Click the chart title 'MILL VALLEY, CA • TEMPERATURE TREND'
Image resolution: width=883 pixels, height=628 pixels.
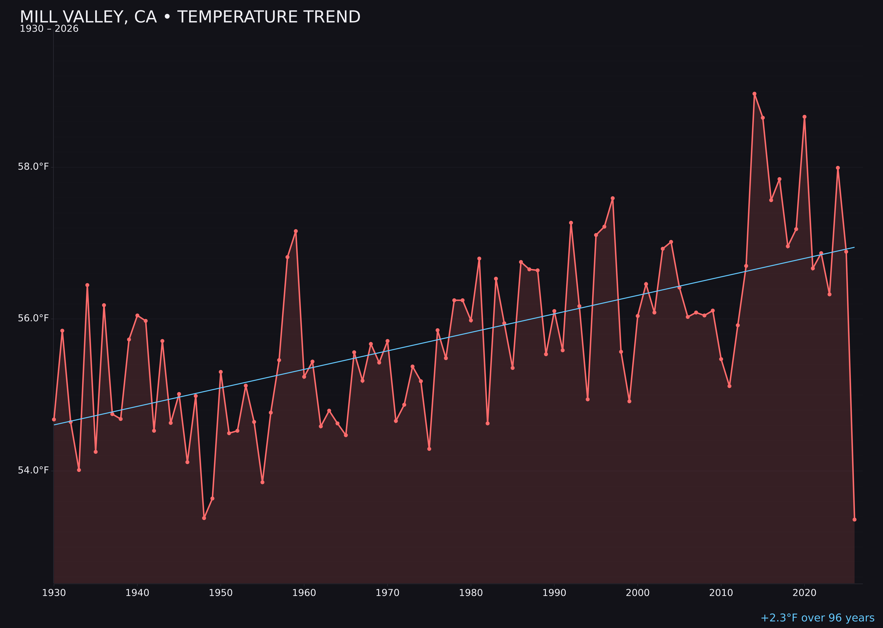pyautogui.click(x=190, y=17)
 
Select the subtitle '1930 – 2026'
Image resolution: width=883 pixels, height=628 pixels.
pyautogui.click(x=49, y=29)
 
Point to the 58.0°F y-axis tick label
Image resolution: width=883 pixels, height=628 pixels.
pyautogui.click(x=33, y=167)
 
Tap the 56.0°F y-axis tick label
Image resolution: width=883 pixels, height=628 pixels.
pyautogui.click(x=33, y=318)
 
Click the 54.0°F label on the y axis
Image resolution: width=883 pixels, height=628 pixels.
pyautogui.click(x=33, y=470)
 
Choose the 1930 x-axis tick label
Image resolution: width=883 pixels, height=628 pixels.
pyautogui.click(x=54, y=593)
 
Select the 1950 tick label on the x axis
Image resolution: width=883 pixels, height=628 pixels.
pyautogui.click(x=221, y=593)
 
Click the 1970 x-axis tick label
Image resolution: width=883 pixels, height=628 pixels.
pyautogui.click(x=387, y=593)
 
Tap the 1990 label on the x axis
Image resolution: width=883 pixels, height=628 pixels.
pyautogui.click(x=554, y=593)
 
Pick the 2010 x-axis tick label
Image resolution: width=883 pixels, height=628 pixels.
pyautogui.click(x=721, y=593)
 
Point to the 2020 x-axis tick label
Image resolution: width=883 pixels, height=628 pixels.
pyautogui.click(x=804, y=593)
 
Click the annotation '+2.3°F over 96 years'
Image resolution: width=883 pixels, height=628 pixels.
pyautogui.click(x=817, y=618)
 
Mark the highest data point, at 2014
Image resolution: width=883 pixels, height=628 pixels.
pyautogui.click(x=754, y=94)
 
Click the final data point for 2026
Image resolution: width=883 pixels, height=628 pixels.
pyautogui.click(x=854, y=520)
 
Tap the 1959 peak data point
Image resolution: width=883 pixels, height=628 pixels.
pyautogui.click(x=296, y=231)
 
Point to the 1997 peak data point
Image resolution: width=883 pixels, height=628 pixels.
pyautogui.click(x=612, y=198)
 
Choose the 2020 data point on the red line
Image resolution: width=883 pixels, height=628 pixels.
pyautogui.click(x=804, y=117)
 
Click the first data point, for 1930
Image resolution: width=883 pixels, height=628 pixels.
pyautogui.click(x=54, y=419)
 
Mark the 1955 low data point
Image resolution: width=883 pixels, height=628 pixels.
pyautogui.click(x=262, y=482)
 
